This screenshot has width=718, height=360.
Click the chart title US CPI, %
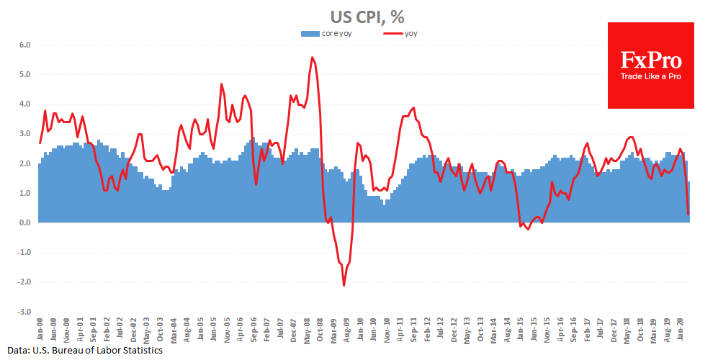[359, 15]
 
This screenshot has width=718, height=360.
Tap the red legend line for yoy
[392, 33]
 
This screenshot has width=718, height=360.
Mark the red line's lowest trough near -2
[344, 285]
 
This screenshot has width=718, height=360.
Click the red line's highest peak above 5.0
[312, 58]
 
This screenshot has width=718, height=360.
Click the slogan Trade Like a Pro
[650, 76]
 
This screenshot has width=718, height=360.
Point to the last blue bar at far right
[688, 202]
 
